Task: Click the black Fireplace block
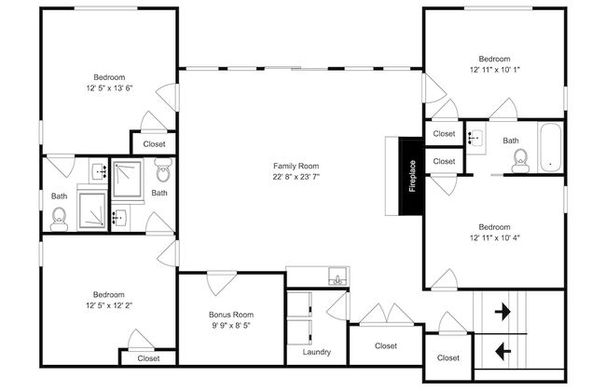pyautogui.click(x=411, y=176)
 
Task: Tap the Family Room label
pyautogui.click(x=296, y=166)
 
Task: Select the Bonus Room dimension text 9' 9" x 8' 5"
pyautogui.click(x=231, y=326)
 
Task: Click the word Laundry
pyautogui.click(x=317, y=352)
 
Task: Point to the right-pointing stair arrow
pyautogui.click(x=503, y=311)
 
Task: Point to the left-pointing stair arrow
pyautogui.click(x=503, y=352)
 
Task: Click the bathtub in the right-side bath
pyautogui.click(x=550, y=148)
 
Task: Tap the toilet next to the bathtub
pyautogui.click(x=520, y=161)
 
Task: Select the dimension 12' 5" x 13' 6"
pyautogui.click(x=109, y=88)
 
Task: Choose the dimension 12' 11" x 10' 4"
pyautogui.click(x=495, y=237)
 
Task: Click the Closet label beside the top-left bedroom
pyautogui.click(x=154, y=144)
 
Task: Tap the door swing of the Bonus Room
pyautogui.click(x=221, y=283)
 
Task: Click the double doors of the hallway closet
pyautogui.click(x=387, y=314)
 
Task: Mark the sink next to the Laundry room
pyautogui.click(x=337, y=276)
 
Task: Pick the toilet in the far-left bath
pyautogui.click(x=59, y=219)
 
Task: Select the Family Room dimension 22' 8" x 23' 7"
pyautogui.click(x=296, y=177)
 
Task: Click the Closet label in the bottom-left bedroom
pyautogui.click(x=148, y=358)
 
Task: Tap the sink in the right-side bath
pyautogui.click(x=475, y=138)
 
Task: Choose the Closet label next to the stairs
pyautogui.click(x=448, y=357)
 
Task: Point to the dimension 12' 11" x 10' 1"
pyautogui.click(x=495, y=70)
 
